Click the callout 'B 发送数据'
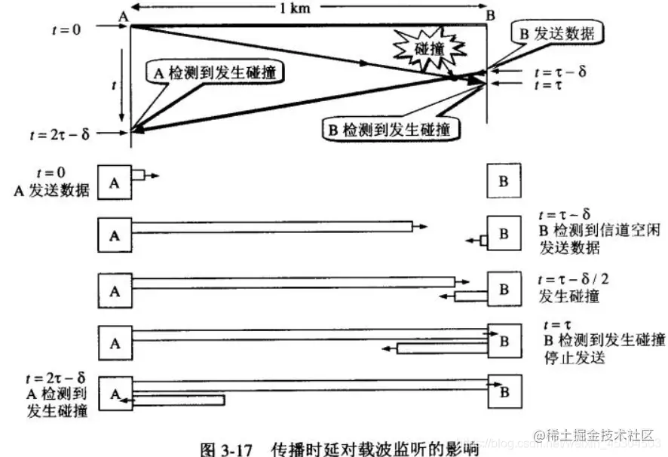point(558,33)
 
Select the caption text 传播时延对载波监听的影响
point(375,448)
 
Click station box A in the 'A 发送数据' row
point(115,182)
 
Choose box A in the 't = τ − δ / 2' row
point(115,288)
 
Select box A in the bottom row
point(115,392)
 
